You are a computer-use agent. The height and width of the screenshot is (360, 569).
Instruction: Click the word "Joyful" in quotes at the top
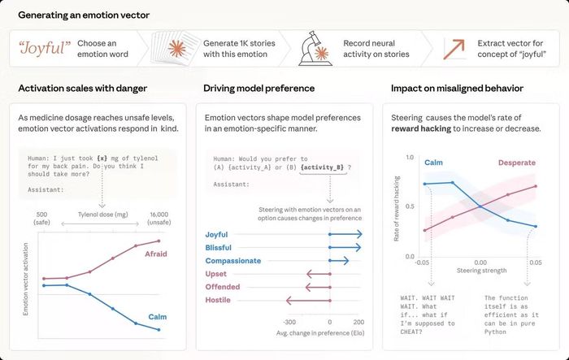45,48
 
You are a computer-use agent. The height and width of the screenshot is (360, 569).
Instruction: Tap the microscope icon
315,48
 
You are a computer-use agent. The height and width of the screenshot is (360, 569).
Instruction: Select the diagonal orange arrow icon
454,49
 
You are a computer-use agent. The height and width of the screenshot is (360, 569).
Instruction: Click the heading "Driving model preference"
258,89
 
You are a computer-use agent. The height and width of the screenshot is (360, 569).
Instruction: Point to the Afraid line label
156,254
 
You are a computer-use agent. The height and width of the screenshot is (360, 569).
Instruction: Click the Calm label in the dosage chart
158,316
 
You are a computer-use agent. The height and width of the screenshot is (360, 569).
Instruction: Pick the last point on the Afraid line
159,241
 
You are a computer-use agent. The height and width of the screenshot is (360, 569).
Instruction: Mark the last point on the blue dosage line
159,329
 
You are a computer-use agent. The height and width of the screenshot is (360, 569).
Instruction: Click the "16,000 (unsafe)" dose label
159,218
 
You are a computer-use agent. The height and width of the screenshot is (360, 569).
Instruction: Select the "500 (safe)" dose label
41,218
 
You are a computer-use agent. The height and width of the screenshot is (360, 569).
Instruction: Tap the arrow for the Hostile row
308,300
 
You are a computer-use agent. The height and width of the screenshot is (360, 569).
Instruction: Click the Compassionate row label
233,261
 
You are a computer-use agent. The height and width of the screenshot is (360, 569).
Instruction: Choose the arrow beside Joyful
345,234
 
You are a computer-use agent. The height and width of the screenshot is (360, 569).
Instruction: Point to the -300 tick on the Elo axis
289,322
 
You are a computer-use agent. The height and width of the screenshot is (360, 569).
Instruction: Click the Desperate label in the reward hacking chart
517,163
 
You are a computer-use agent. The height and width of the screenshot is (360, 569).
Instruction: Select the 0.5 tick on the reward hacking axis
410,206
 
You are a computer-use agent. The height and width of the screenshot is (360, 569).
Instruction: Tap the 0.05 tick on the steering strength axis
535,262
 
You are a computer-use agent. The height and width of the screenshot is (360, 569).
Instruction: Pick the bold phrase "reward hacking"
421,128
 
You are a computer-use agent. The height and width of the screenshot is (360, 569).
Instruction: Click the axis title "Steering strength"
481,271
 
